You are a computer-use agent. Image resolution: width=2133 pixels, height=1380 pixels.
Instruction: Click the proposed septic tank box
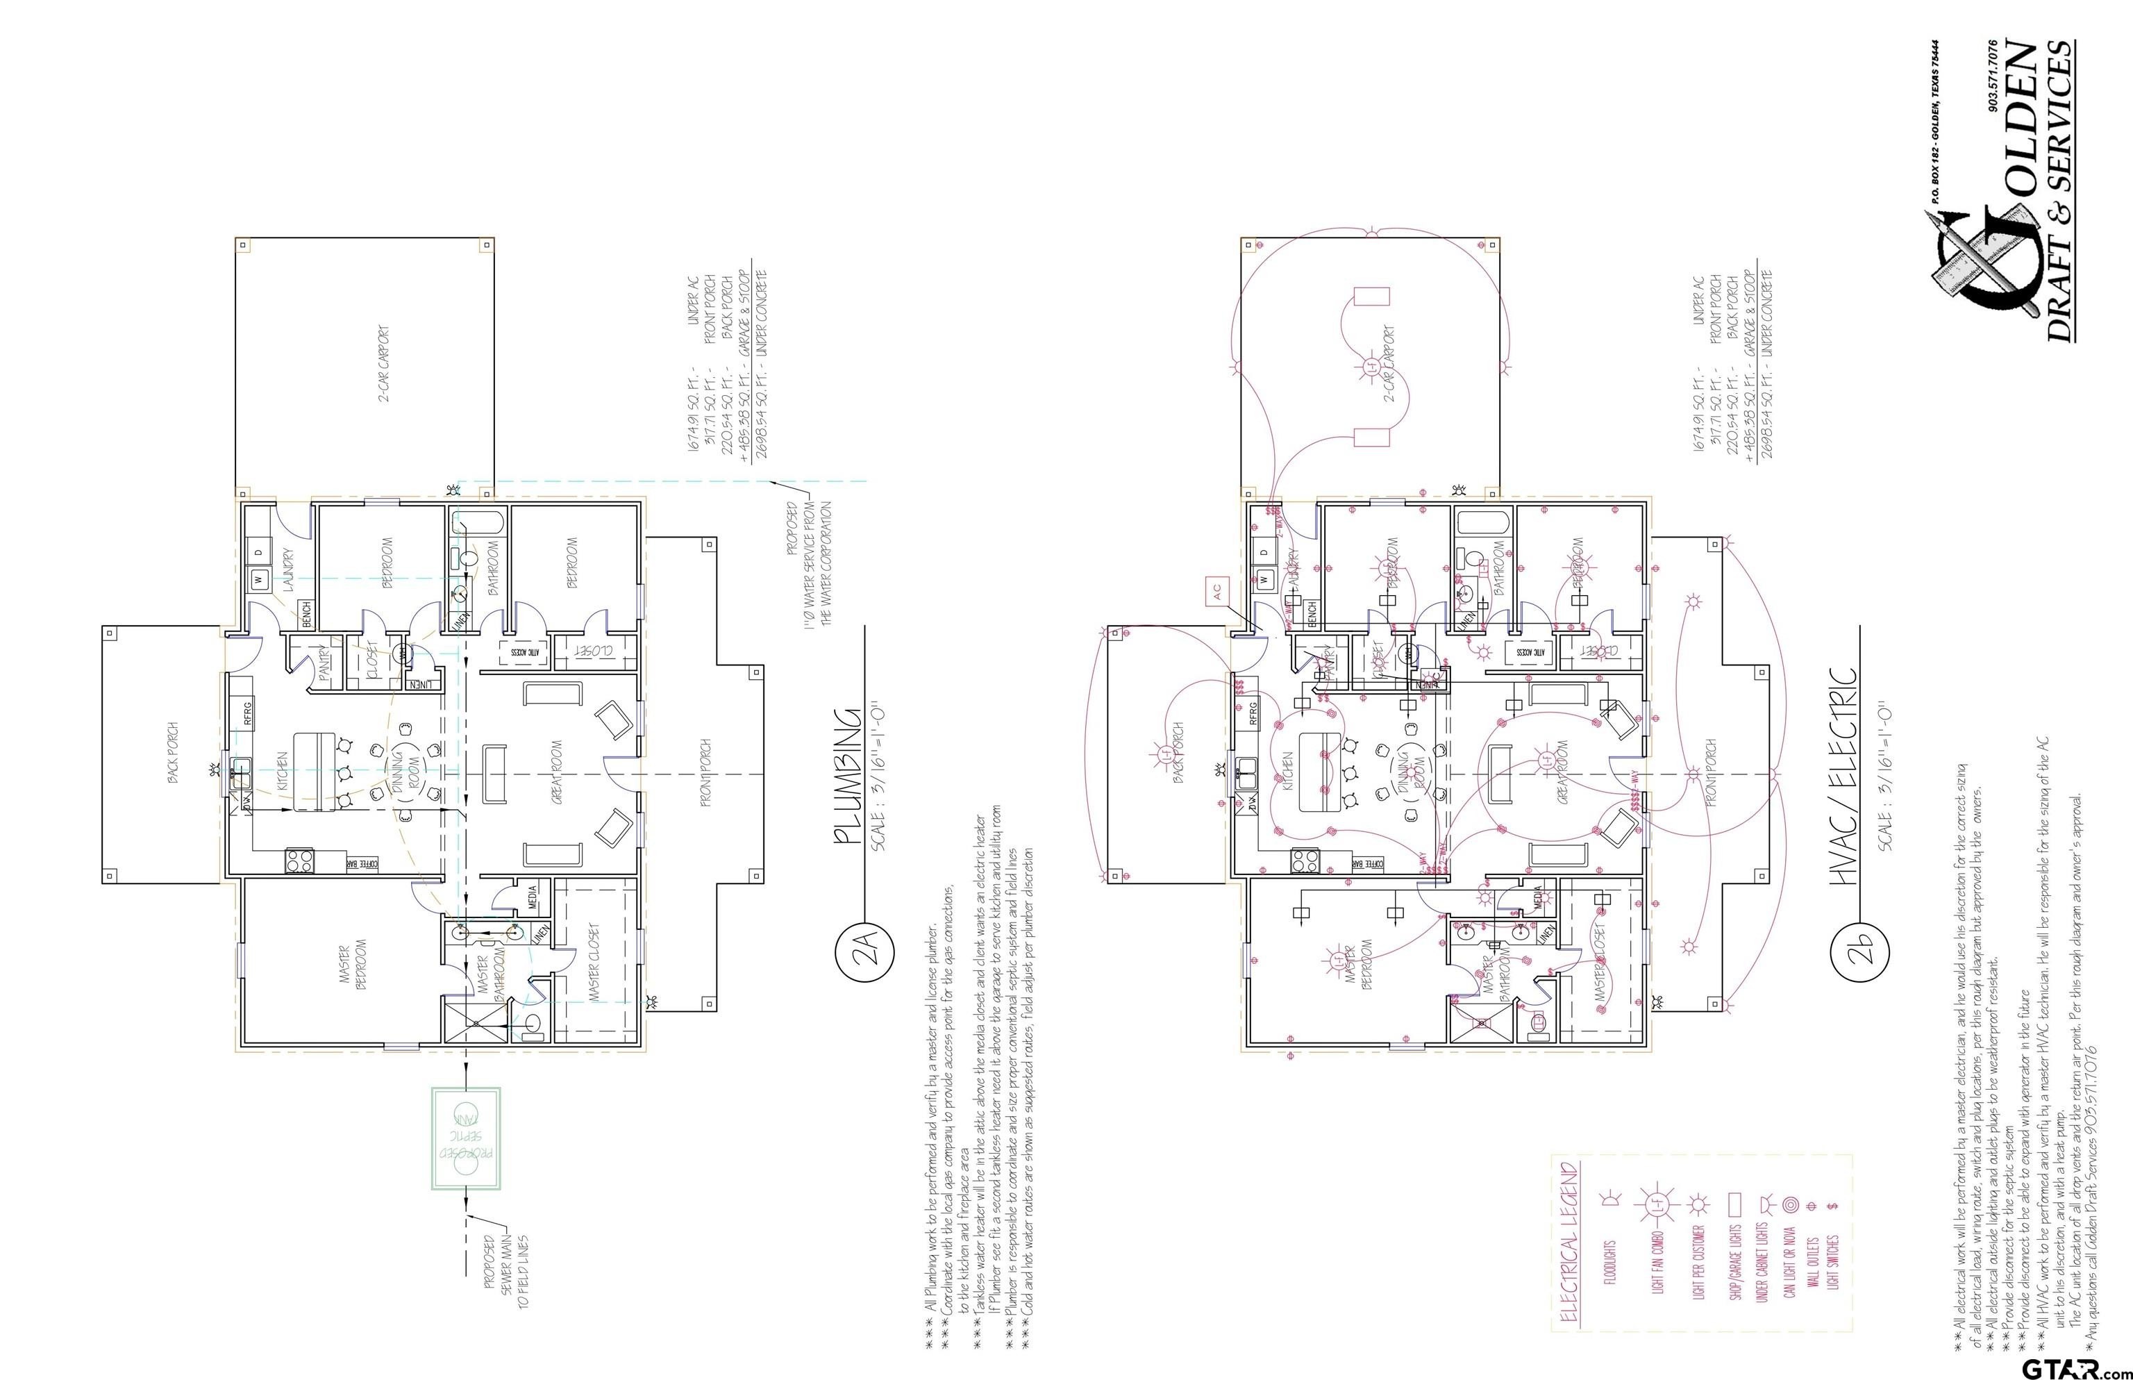coord(466,1138)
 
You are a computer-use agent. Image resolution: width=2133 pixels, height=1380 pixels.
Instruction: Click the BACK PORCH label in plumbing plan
coord(173,753)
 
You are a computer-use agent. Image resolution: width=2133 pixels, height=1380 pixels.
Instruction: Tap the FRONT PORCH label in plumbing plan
coord(705,772)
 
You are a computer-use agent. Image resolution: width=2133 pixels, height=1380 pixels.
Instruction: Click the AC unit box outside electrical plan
coord(1216,592)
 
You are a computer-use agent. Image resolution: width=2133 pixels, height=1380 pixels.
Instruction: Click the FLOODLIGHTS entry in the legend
coord(1610,1263)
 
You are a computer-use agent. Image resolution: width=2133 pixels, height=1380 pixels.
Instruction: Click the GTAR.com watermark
coord(2077,1368)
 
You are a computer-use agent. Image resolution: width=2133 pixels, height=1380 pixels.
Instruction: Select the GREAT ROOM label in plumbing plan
coord(556,772)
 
